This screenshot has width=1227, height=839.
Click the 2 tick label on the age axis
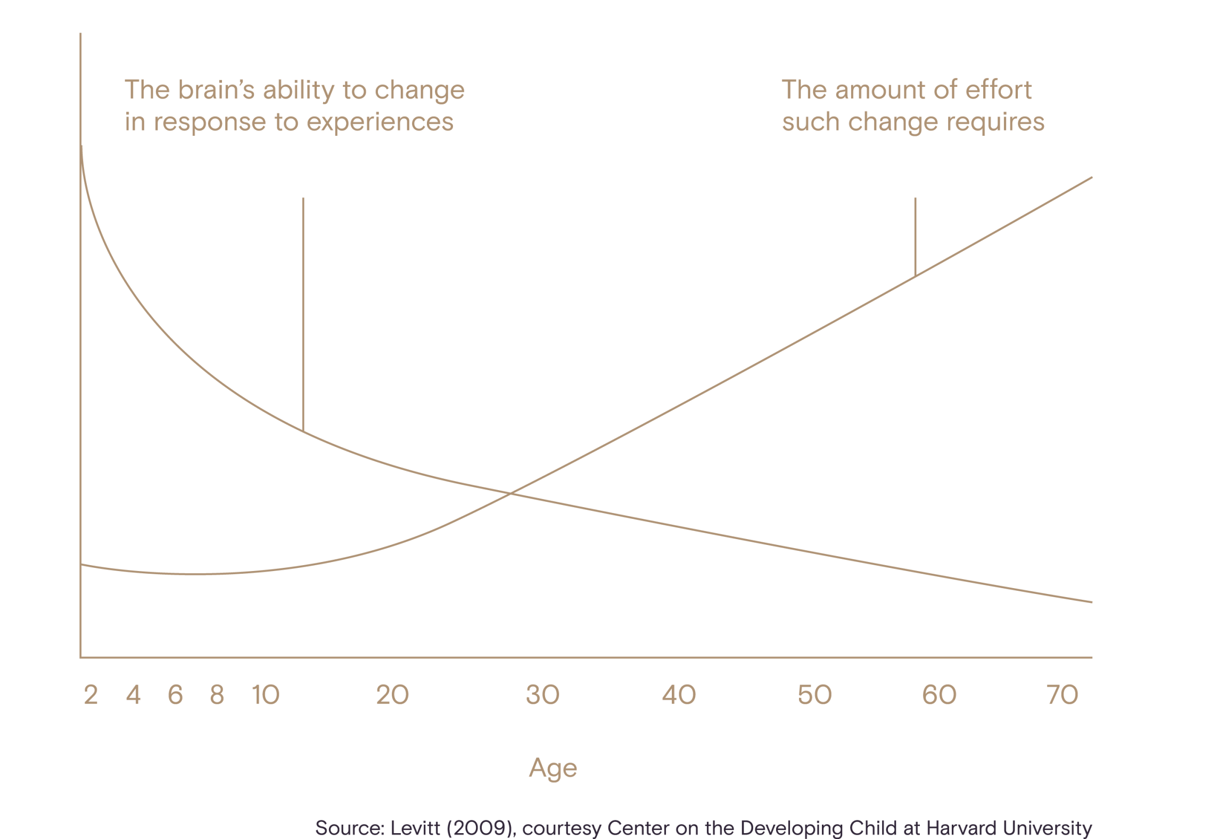click(91, 695)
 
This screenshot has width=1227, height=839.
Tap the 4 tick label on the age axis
click(134, 695)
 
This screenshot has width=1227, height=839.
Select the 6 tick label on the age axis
click(175, 695)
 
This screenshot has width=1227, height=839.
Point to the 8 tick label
click(217, 695)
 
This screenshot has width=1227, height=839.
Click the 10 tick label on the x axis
click(266, 695)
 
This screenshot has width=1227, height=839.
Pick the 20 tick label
click(392, 695)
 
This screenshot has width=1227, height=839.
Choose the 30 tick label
click(543, 695)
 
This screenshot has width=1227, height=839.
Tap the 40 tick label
click(679, 695)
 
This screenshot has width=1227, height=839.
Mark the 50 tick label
click(814, 695)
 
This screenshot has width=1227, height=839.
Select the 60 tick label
click(939, 695)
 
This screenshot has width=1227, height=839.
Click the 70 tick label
click(1063, 695)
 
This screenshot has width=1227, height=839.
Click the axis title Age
click(553, 768)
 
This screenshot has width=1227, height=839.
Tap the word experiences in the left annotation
click(380, 122)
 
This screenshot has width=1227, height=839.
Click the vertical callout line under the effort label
click(916, 237)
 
